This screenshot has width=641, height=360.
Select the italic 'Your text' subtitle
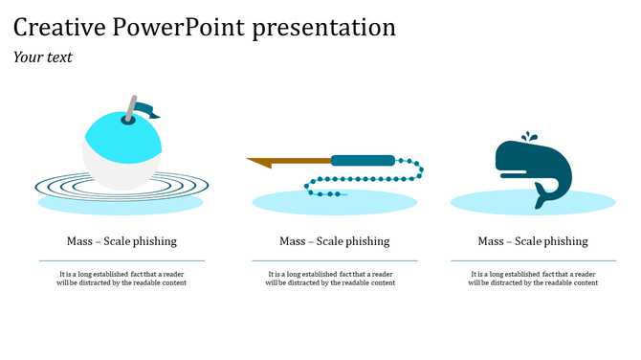pos(43,57)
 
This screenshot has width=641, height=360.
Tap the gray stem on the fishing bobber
pos(129,108)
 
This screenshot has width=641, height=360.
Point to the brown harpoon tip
pos(263,163)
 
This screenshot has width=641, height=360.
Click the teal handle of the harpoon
pos(363,160)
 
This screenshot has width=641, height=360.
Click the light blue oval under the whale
pos(593,202)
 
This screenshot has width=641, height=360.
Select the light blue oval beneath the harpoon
pos(383,202)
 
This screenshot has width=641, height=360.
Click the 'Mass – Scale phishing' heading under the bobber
pos(122,241)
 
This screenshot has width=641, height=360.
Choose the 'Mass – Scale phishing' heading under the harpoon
pos(334,241)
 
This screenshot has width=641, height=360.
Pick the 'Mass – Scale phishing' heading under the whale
pos(533,241)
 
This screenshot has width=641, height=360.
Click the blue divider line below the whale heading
pos(533,260)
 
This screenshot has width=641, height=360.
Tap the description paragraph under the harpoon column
pos(334,278)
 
